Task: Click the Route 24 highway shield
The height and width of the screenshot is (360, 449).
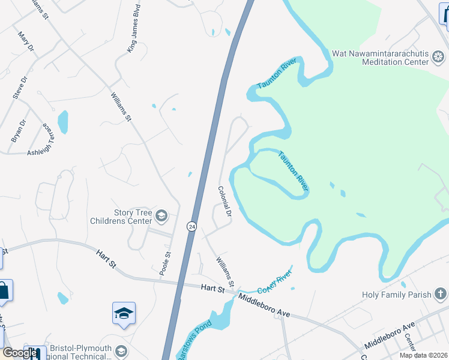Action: tap(191, 226)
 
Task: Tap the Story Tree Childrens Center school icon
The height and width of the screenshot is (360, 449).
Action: tap(161, 215)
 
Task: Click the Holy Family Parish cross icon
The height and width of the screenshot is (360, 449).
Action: tap(441, 294)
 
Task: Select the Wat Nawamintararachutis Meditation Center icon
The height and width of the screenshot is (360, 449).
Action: tap(439, 58)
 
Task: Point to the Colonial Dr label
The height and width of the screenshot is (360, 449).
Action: tap(225, 201)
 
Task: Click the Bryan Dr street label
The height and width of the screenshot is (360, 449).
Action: tap(19, 131)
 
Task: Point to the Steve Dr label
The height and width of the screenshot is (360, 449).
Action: tap(20, 88)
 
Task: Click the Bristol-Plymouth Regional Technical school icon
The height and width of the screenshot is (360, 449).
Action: tap(121, 351)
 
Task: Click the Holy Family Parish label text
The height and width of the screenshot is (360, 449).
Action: tap(397, 295)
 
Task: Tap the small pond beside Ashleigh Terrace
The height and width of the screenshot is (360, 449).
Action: tap(62, 121)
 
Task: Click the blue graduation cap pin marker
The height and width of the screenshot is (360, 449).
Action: tap(124, 313)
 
